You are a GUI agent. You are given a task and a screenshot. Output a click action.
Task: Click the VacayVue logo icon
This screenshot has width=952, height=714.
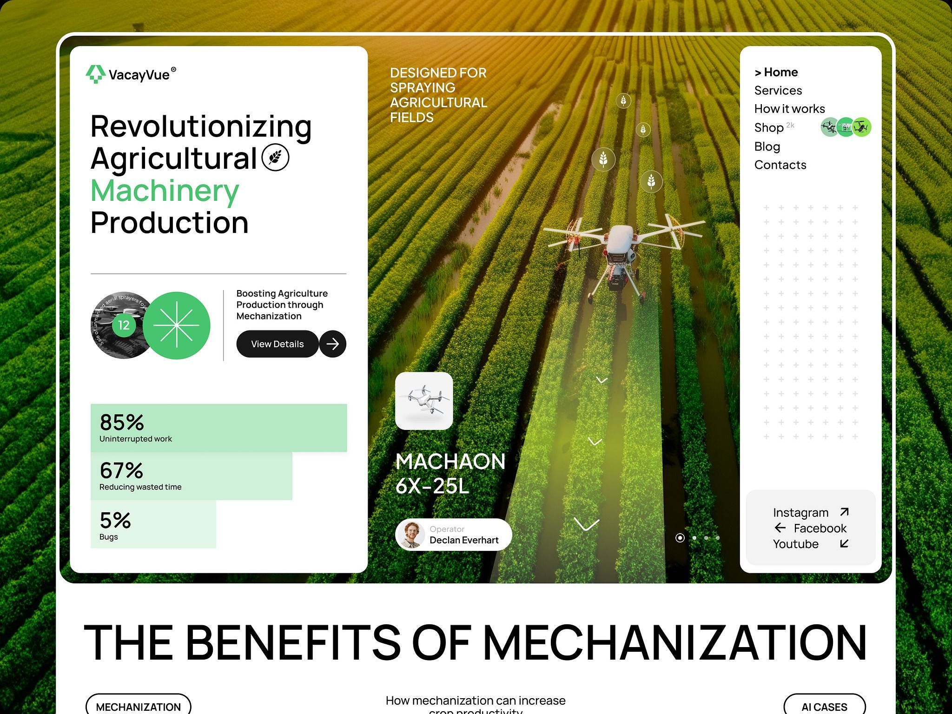pos(95,74)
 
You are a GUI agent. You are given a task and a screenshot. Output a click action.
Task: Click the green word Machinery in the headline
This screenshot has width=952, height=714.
pos(165,191)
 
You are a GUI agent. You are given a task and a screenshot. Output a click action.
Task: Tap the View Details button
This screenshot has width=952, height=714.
pos(277,344)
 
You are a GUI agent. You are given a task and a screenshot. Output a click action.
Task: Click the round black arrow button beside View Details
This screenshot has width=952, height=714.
pos(333,344)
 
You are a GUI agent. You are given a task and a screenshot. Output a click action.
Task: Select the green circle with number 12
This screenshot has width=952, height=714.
pos(124,325)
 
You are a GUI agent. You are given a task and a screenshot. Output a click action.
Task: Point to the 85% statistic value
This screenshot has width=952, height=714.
pos(122,423)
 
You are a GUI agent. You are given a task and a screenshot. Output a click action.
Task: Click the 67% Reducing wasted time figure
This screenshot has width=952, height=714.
pos(121,470)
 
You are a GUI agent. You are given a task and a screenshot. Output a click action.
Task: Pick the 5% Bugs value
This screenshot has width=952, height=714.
pos(115,520)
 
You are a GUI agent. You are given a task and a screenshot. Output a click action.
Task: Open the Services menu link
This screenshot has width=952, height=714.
pos(778,90)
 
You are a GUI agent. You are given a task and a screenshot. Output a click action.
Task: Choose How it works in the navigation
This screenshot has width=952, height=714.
pos(789,109)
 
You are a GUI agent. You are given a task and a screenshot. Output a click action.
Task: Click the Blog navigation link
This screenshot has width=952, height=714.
pos(767,146)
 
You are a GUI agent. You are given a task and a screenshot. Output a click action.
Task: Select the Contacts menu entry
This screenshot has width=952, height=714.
pos(780,165)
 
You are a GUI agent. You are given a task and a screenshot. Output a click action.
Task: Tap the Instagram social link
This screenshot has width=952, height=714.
pos(800,512)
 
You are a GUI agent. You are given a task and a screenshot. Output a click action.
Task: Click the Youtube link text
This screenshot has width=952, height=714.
pos(795,544)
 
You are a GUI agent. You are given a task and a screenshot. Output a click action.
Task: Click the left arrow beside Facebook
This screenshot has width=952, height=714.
pos(780,528)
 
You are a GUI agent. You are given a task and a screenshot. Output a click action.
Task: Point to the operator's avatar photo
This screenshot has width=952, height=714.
pos(411,535)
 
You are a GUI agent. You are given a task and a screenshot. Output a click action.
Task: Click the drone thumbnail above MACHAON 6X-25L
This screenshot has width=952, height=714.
pos(424,401)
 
